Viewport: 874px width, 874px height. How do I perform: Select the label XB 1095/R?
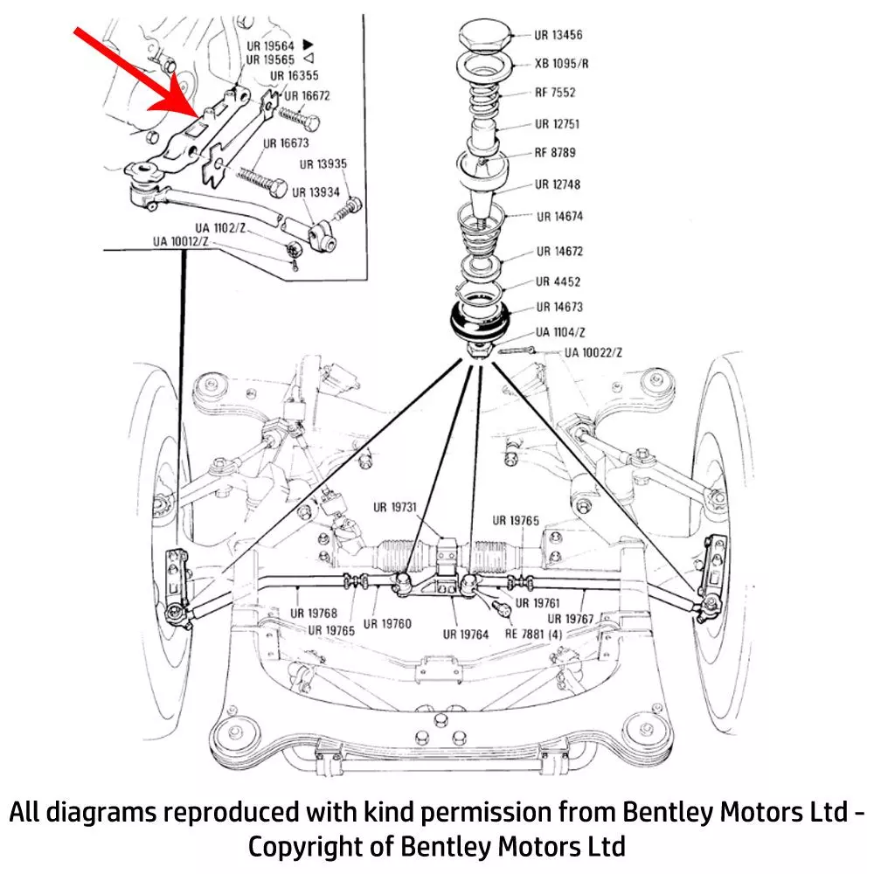(561, 64)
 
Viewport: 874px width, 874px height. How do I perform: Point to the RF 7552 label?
(555, 93)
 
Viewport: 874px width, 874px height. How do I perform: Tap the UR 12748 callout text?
(558, 185)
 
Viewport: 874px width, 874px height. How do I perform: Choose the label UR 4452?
(558, 282)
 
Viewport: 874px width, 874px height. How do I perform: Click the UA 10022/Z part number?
(593, 353)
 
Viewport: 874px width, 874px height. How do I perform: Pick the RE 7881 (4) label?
(534, 633)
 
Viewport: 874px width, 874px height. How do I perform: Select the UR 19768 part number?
(314, 614)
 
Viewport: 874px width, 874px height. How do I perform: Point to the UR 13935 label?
(323, 163)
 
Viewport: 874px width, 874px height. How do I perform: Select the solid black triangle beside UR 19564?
(308, 44)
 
